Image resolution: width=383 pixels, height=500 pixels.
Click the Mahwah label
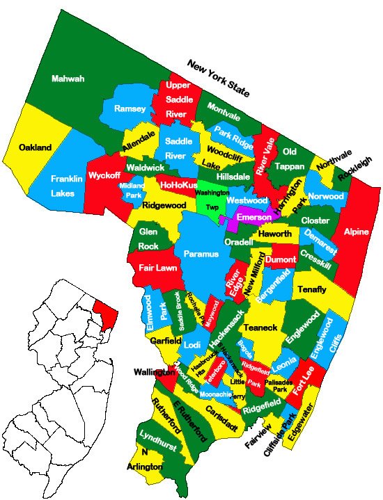click(x=68, y=79)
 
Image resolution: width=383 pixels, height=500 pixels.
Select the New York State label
click(x=218, y=77)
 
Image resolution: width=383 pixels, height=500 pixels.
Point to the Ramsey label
click(x=130, y=109)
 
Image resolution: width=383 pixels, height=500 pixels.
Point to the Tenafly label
click(x=311, y=289)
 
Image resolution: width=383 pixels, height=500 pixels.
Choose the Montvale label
click(x=224, y=108)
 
